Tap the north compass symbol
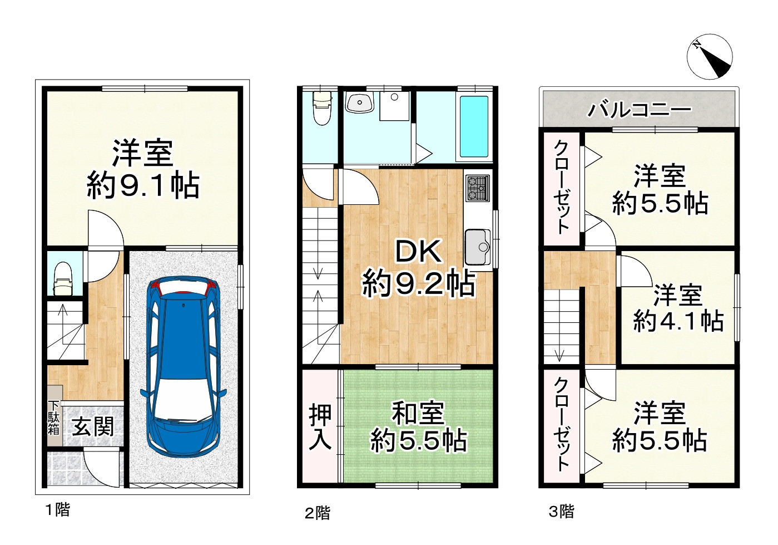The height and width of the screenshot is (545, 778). (710, 56)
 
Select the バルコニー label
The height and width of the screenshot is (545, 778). (640, 109)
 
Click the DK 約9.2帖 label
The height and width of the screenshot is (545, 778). (418, 268)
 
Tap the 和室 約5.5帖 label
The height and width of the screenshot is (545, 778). (418, 427)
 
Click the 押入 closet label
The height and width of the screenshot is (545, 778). (320, 427)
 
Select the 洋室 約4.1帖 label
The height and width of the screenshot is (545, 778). (678, 308)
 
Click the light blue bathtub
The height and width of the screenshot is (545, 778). (474, 126)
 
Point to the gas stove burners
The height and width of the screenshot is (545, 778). (478, 188)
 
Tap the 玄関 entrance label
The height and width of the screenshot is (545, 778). (93, 427)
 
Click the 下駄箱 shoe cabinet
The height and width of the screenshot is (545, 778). (54, 415)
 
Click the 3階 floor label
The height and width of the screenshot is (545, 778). (561, 511)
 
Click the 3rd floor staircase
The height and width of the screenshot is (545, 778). (562, 326)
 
